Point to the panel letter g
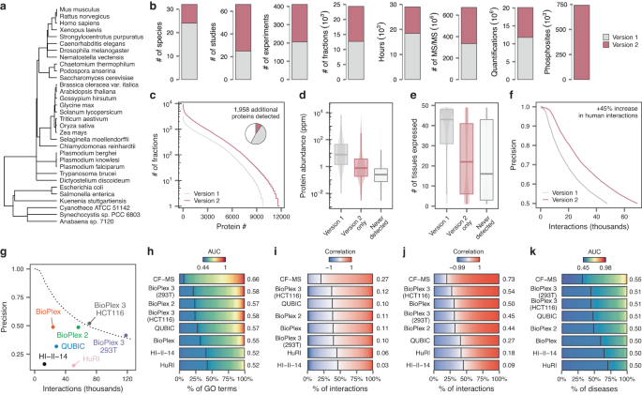point(7,252)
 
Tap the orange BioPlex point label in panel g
point(50,309)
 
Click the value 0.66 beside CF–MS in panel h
point(253,279)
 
